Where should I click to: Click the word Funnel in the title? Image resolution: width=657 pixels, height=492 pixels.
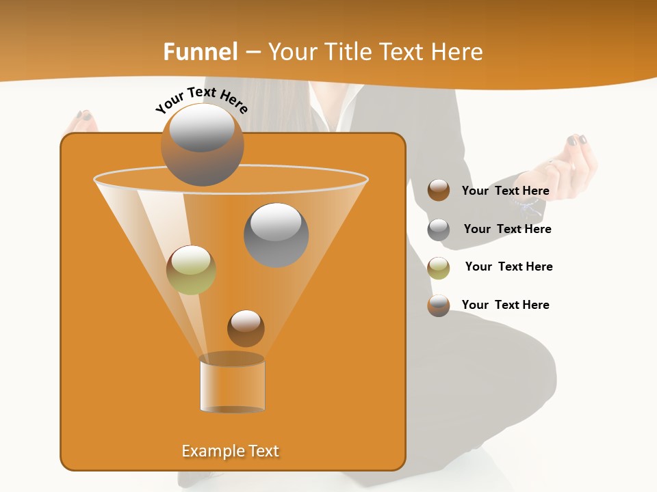click(200, 52)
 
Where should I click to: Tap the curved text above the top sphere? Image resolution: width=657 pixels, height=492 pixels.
click(201, 100)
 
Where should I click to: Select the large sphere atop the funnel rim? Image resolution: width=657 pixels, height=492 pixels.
click(202, 144)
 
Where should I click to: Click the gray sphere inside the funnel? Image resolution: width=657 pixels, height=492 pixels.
click(276, 234)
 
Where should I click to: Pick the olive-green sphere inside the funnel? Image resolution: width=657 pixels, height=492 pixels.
click(191, 269)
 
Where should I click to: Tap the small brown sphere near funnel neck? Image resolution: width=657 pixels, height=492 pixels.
click(246, 328)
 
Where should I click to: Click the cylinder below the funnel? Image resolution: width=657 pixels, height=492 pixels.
click(232, 383)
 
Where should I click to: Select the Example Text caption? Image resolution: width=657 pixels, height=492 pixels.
click(230, 451)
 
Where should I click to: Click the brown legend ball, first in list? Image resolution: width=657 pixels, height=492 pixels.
click(439, 190)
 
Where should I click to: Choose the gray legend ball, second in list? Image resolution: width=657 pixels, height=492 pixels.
click(439, 230)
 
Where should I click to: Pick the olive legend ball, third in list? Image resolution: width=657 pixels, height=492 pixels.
click(439, 268)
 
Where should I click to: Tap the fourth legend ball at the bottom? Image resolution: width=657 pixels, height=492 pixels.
click(439, 305)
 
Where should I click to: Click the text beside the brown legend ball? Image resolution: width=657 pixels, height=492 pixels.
click(505, 191)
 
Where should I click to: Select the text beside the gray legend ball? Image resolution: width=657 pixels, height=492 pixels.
click(507, 229)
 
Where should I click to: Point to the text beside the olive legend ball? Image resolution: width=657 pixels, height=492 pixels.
click(508, 266)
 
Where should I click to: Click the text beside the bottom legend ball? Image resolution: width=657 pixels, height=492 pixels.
click(505, 305)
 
